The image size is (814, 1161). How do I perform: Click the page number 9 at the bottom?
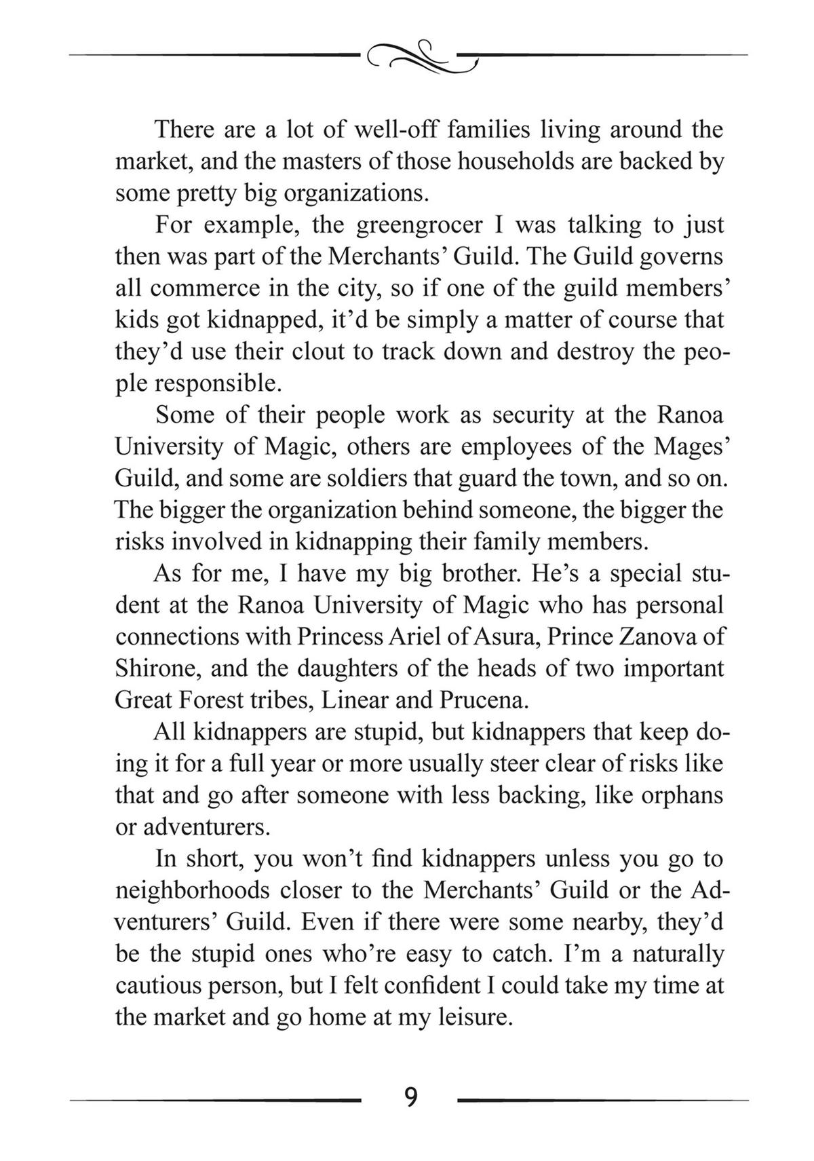410,1097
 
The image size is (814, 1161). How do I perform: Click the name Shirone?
157,669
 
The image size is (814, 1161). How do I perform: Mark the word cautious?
156,985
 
